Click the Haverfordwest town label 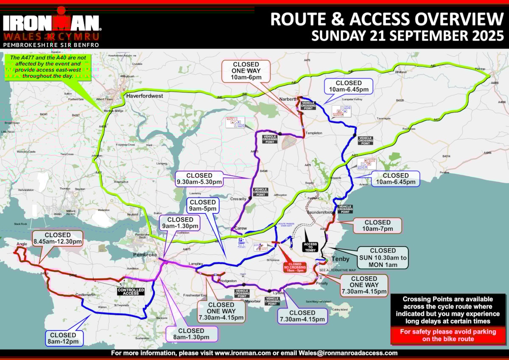pos(145,96)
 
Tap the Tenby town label pos(340,259)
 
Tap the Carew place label pos(240,228)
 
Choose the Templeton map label pos(314,133)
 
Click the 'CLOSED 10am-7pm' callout pos(378,226)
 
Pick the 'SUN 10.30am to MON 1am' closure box pos(383,257)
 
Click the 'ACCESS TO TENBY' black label pos(310,246)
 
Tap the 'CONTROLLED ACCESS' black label pos(131,291)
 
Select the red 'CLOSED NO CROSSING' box pos(294,267)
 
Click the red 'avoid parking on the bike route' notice pos(448,335)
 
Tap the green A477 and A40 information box pos(48,67)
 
